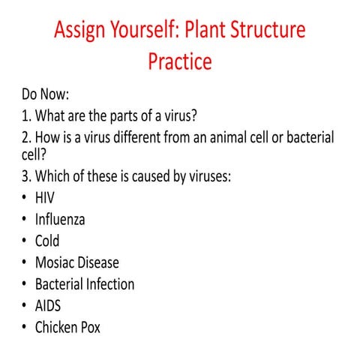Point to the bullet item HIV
(45, 198)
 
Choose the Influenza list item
(60, 220)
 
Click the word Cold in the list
(47, 241)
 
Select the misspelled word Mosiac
(57, 262)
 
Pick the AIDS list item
(48, 306)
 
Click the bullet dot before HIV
(25, 199)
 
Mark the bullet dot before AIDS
(25, 307)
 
